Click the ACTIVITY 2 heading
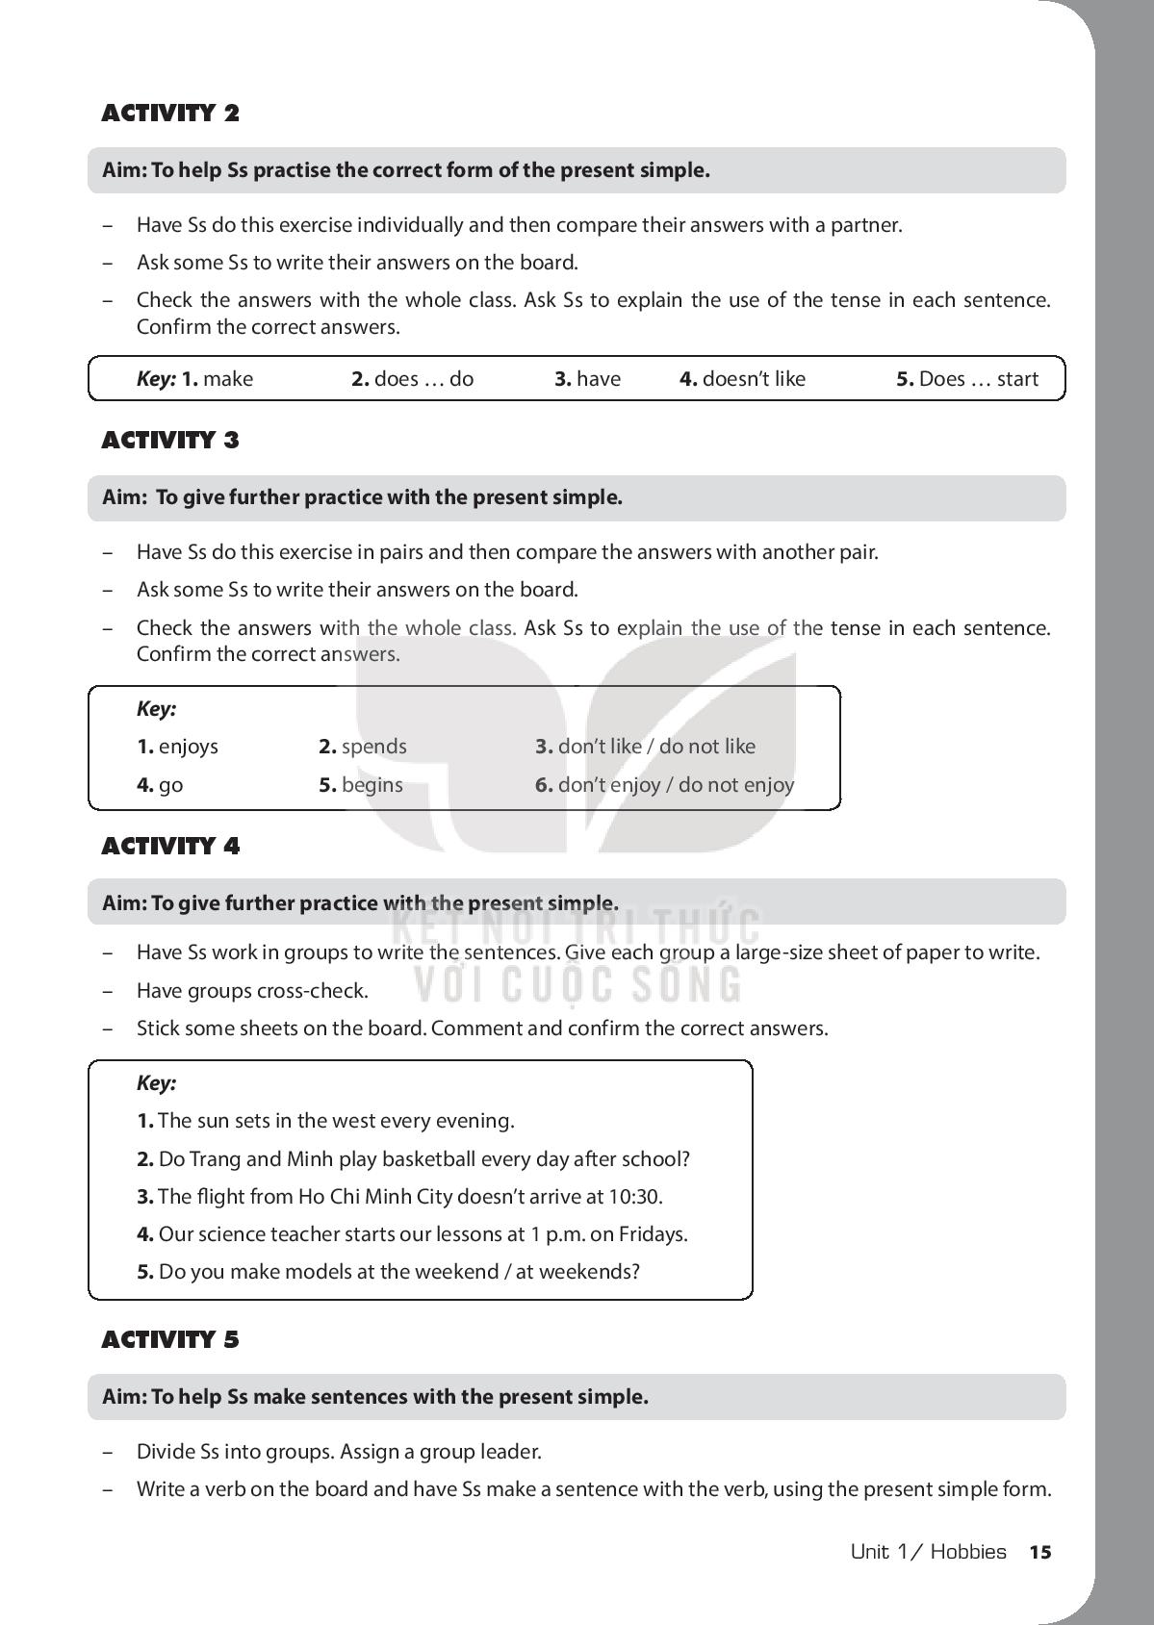[170, 114]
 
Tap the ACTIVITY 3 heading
[170, 441]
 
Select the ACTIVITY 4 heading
[170, 847]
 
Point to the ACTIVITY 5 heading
[170, 1340]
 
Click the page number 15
[1040, 1552]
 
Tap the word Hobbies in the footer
[968, 1552]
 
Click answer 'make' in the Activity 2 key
[228, 379]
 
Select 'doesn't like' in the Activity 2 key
[754, 379]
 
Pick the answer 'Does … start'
[978, 379]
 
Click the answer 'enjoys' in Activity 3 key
[189, 747]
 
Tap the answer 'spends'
[373, 747]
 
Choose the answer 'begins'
[372, 785]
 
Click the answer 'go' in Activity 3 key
[170, 785]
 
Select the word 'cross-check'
[320, 991]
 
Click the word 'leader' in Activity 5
[513, 1452]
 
